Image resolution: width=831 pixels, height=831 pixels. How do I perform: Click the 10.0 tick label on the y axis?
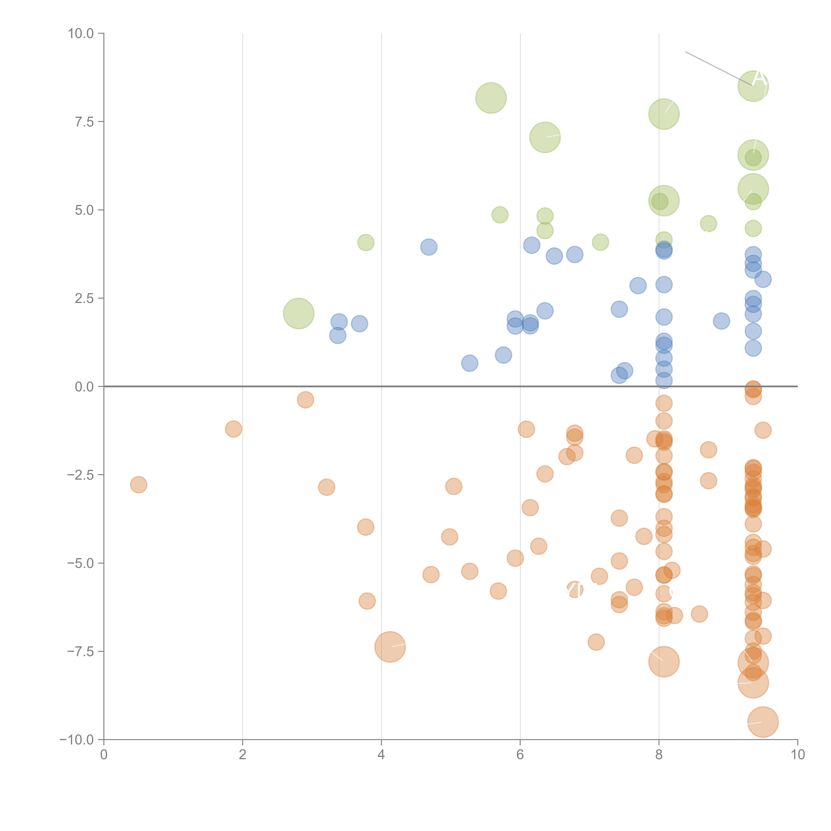pyautogui.click(x=81, y=34)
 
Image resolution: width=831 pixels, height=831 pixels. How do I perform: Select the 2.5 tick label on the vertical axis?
pyautogui.click(x=84, y=298)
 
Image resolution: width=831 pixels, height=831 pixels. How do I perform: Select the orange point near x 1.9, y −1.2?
pyautogui.click(x=234, y=429)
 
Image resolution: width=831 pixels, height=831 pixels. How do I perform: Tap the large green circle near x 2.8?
pyautogui.click(x=298, y=313)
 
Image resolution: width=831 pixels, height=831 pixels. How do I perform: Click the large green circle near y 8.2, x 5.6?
pyautogui.click(x=491, y=98)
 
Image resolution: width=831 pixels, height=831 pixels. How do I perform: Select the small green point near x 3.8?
pyautogui.click(x=366, y=243)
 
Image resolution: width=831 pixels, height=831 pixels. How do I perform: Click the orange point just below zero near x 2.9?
pyautogui.click(x=305, y=400)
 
